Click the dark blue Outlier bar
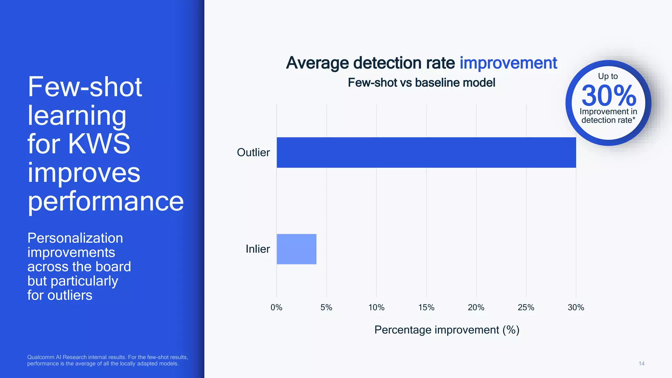[426, 153]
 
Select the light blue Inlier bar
[296, 249]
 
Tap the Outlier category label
[253, 153]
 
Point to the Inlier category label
[258, 249]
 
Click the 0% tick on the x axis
[276, 307]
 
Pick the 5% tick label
[326, 307]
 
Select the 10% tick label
[376, 307]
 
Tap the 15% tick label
[426, 307]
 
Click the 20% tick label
[476, 307]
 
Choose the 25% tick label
[526, 307]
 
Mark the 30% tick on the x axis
[576, 307]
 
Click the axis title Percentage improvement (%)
[447, 330]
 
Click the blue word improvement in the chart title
[508, 63]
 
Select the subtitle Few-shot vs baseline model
[421, 83]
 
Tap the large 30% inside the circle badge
[609, 95]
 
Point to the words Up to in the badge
[608, 76]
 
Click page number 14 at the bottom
[641, 364]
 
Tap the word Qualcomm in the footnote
[40, 357]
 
